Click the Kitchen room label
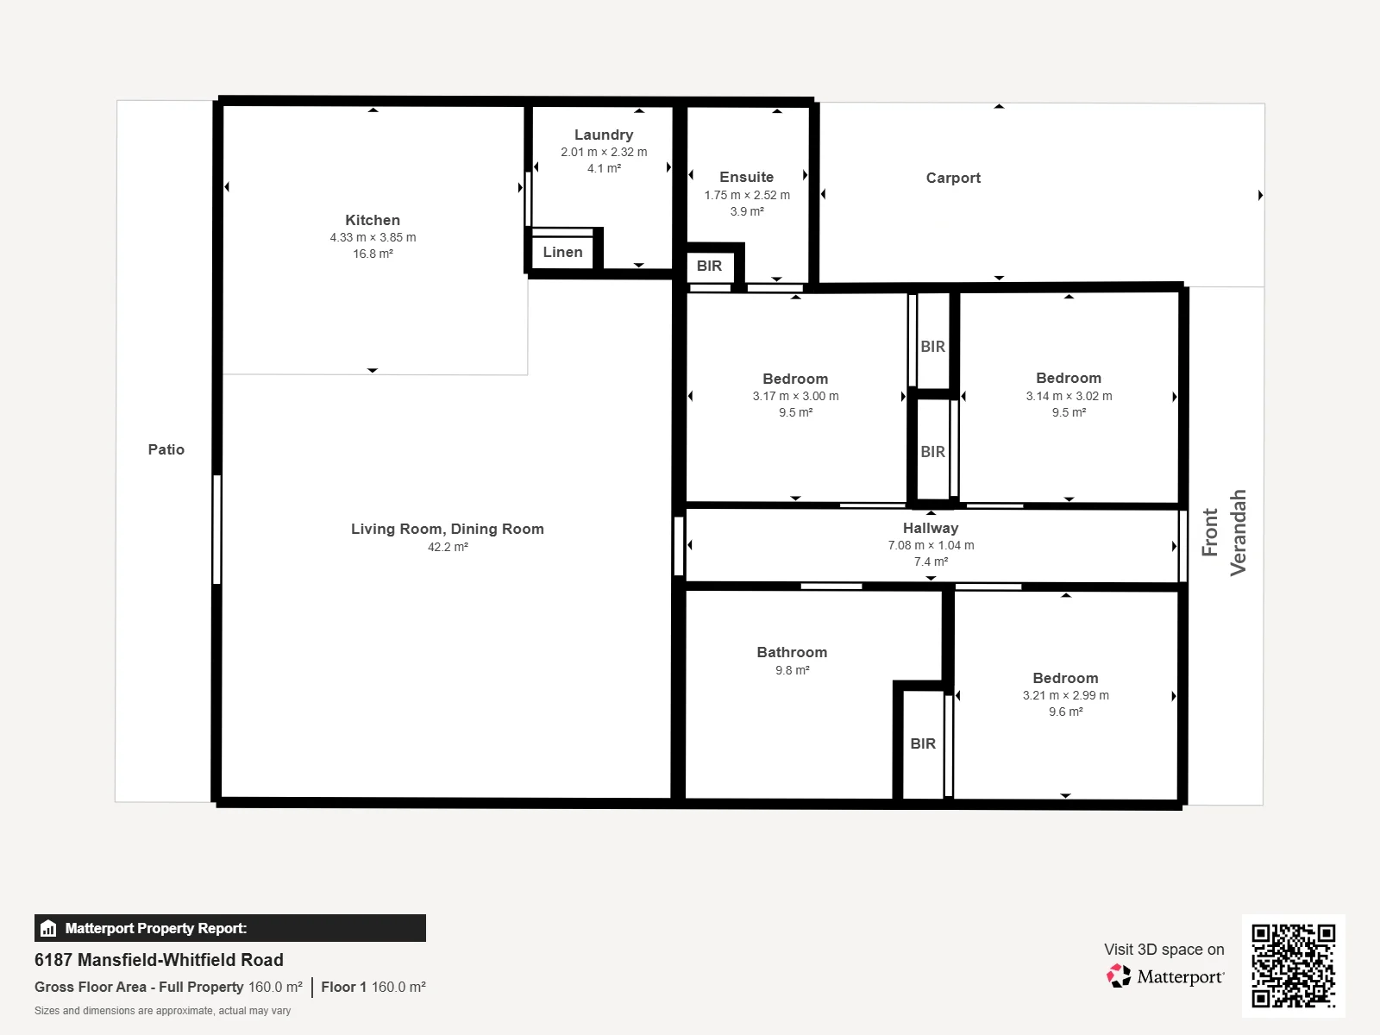coord(373,220)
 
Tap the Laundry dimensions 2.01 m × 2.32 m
coord(604,152)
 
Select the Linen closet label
coord(562,252)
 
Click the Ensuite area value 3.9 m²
coord(747,212)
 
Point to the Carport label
coord(953,178)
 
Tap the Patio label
coord(166,449)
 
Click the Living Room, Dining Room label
coord(448,529)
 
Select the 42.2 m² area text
coord(448,548)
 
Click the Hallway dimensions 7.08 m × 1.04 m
coord(931,545)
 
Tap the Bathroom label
coord(792,652)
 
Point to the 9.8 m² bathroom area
coord(792,670)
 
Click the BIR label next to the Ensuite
coord(709,266)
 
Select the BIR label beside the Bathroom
coord(923,743)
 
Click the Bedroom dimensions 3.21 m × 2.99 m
coord(1066,696)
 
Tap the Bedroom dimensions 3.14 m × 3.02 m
coord(1069,397)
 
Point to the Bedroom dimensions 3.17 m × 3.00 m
coord(795,397)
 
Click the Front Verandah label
coord(1223,532)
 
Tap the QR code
coord(1293,965)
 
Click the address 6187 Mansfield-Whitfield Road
coord(159,960)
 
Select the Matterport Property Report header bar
coord(230,928)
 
